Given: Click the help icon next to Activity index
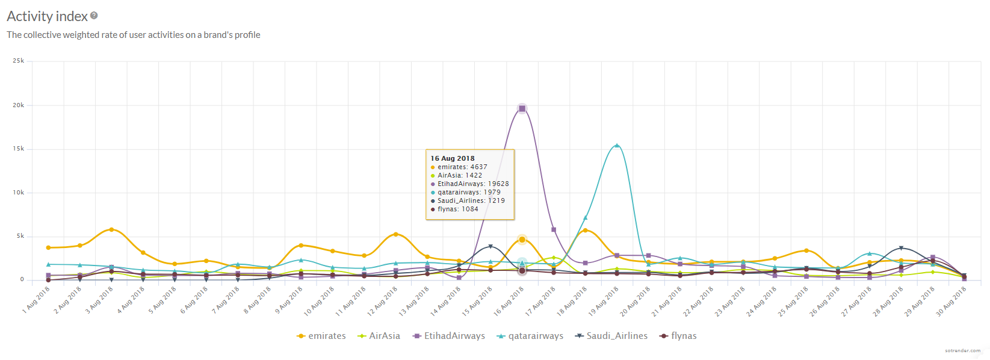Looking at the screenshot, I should click(94, 16).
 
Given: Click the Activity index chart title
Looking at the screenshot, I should click(47, 16).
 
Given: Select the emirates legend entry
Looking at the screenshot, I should click(321, 336).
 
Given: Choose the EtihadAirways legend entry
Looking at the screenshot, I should click(449, 336).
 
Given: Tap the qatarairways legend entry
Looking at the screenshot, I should click(530, 336).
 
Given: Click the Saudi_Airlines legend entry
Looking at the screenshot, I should click(611, 336).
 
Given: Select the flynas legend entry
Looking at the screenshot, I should click(678, 336).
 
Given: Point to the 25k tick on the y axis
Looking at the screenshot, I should click(19, 61).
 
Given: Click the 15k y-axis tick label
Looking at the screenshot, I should click(19, 149).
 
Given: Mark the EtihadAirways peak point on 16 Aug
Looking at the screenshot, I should click(522, 108).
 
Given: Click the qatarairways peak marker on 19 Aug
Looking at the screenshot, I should click(617, 145).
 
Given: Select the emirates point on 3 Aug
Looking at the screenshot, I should click(111, 229).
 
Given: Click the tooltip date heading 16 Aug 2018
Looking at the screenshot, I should click(453, 158).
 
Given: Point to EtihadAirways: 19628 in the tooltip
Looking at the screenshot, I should click(473, 184).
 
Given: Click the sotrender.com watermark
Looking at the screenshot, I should click(962, 350).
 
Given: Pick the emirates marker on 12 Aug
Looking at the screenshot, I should click(395, 234).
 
